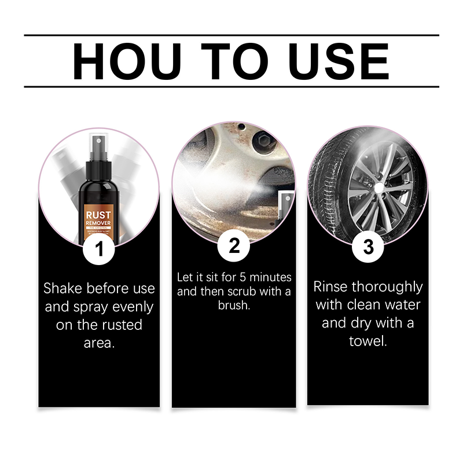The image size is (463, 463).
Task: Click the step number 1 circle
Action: click(x=100, y=250)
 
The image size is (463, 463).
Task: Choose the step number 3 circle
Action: click(x=368, y=247)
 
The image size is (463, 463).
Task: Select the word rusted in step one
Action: click(x=124, y=325)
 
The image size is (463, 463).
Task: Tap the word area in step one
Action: click(x=99, y=343)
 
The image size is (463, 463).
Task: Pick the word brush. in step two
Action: click(x=234, y=305)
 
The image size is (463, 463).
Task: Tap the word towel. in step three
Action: click(x=368, y=341)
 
